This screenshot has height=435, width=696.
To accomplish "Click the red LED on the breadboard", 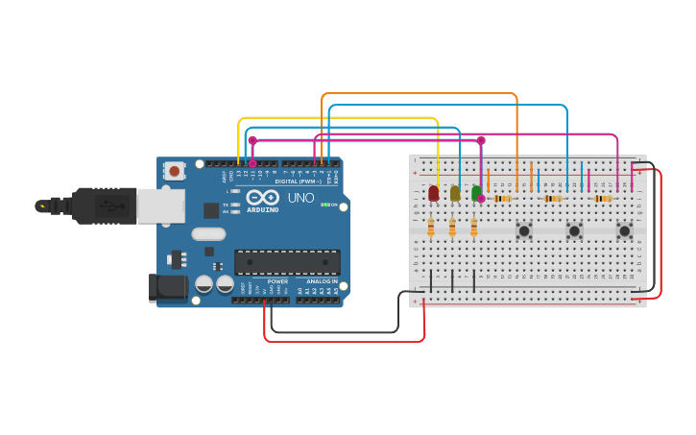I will [433, 193].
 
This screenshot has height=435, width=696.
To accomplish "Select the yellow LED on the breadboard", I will [455, 193].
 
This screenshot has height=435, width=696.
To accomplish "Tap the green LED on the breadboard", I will [476, 192].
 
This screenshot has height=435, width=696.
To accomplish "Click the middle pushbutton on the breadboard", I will [574, 230].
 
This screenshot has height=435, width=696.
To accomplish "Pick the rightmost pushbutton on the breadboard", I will [624, 230].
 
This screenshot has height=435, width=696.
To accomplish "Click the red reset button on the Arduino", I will [174, 171].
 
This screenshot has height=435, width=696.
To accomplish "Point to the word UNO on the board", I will [300, 198].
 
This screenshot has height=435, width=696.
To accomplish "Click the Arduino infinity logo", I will [262, 197].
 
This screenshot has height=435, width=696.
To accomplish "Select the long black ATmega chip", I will [287, 262].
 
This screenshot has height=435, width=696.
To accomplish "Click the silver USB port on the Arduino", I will [159, 205].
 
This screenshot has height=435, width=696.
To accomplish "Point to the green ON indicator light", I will [324, 205].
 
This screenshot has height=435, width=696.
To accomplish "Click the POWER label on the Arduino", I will [277, 281].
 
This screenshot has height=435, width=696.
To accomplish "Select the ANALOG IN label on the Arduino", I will [321, 281].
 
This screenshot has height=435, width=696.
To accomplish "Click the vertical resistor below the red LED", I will [431, 228].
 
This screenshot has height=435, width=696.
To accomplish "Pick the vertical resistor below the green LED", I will [473, 228].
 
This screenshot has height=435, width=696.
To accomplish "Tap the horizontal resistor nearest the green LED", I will [502, 199].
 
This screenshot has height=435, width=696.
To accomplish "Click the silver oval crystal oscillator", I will [208, 233].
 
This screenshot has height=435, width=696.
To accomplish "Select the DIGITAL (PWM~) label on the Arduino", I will [299, 181].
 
